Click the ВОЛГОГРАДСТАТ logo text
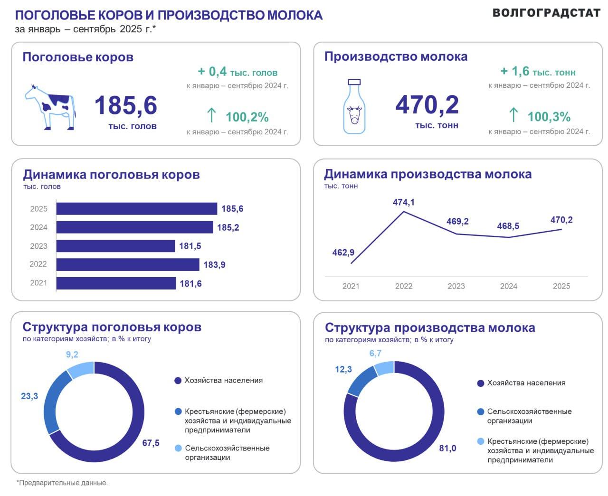click(546, 13)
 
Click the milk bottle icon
click(354, 107)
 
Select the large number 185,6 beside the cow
click(126, 105)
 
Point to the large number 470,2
click(427, 105)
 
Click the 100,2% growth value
click(247, 117)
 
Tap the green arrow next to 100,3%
click(513, 115)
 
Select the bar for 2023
click(115, 246)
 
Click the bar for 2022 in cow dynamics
click(127, 264)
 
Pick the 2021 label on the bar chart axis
click(38, 283)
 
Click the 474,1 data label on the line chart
click(403, 202)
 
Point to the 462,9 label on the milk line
click(343, 253)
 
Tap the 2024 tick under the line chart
click(508, 286)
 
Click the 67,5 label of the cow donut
click(151, 443)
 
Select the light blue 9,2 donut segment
click(81, 369)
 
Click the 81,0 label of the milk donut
click(447, 448)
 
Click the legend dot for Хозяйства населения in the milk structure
click(481, 384)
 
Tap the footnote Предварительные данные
click(62, 483)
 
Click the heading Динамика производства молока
click(427, 174)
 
